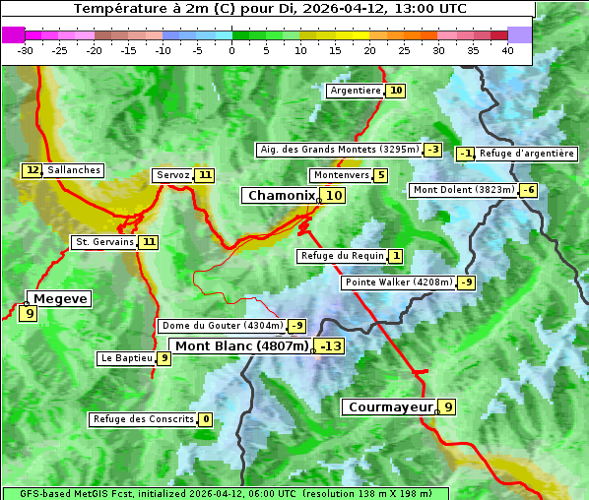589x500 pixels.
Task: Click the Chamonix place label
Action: [x=281, y=196]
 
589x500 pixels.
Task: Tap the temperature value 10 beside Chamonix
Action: [x=335, y=196]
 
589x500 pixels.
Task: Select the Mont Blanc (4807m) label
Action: [x=241, y=345]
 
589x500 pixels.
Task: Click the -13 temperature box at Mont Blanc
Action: [x=330, y=345]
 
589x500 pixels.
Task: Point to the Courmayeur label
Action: [x=391, y=406]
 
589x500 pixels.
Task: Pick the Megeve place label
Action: [x=60, y=298]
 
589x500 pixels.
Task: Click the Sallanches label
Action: [x=74, y=170]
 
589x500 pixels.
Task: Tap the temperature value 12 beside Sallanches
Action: [x=33, y=170]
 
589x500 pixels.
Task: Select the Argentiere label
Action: [x=356, y=91]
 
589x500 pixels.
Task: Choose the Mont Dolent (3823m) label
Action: [x=464, y=190]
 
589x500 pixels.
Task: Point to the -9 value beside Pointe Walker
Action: [x=466, y=282]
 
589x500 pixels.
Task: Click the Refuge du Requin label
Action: [x=341, y=256]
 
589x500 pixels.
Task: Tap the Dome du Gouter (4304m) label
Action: [x=223, y=326]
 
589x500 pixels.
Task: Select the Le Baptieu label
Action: [x=126, y=358]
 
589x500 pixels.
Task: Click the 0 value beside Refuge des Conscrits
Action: [x=205, y=419]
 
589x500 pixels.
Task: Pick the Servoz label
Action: [x=172, y=175]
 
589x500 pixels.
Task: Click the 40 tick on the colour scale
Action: [x=507, y=50]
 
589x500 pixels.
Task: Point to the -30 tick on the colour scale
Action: [x=26, y=50]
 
